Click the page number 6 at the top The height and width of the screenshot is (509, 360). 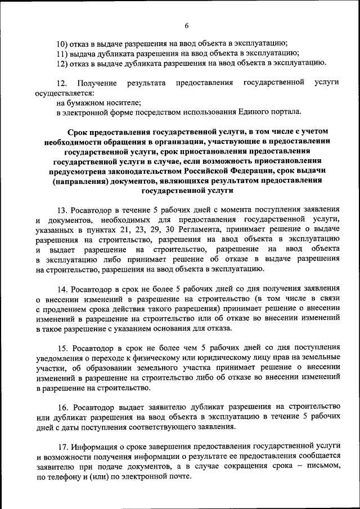click(186, 25)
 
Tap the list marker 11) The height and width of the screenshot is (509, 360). click(63, 53)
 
